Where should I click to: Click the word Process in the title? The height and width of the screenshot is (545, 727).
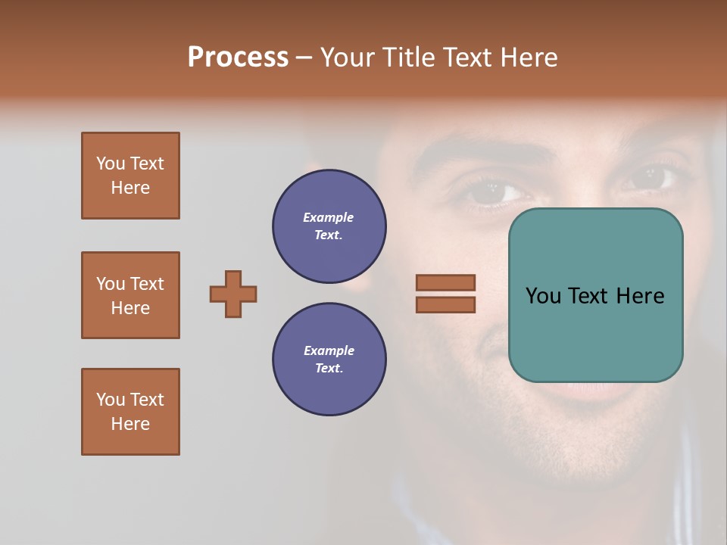point(238,58)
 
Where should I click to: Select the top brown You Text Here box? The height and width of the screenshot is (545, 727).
point(130,176)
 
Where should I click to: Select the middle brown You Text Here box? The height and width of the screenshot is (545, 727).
point(130,295)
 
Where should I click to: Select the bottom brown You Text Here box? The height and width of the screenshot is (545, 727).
point(130,412)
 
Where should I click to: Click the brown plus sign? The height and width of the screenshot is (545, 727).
point(233,294)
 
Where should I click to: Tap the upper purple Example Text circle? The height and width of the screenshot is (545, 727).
point(329,226)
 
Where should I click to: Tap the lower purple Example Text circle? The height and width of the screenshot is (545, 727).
point(329,360)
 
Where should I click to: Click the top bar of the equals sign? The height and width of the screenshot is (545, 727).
point(445,282)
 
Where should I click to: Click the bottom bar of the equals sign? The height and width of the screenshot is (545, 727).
point(445,305)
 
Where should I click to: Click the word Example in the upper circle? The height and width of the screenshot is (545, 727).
point(328,217)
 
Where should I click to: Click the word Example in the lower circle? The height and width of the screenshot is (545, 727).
point(329,350)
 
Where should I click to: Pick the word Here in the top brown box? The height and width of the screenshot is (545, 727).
point(130,188)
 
